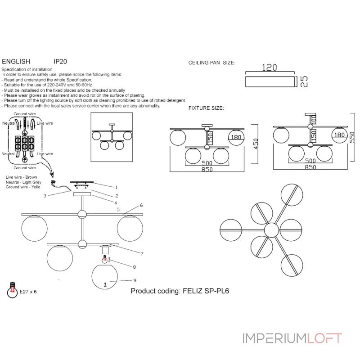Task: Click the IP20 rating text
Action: pos(61,62)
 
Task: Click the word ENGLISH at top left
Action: pos(16,62)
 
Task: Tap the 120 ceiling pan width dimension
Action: pos(269,67)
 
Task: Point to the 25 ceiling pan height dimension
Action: pos(304,81)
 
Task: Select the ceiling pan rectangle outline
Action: pos(269,81)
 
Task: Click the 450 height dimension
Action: pos(256,144)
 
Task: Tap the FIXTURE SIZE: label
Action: pos(206,108)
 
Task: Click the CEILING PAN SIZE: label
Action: pos(211,63)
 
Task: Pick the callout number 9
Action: pos(135,280)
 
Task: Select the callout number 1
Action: pos(116,187)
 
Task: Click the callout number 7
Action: pos(142,254)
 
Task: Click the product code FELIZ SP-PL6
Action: pos(180,291)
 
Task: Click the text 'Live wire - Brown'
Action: pos(21,177)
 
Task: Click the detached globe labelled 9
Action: pos(105,278)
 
